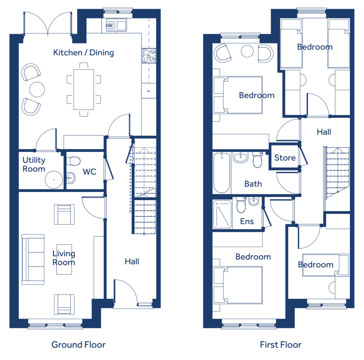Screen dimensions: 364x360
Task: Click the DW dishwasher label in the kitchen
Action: pyautogui.click(x=109, y=26)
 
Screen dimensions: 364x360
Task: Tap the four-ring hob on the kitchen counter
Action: pyautogui.click(x=149, y=56)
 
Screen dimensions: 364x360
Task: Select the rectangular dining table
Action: pyautogui.click(x=84, y=89)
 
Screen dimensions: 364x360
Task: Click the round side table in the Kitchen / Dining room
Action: pyautogui.click(x=37, y=89)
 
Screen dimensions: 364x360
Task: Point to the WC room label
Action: pyautogui.click(x=89, y=172)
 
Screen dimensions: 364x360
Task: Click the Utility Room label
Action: pyautogui.click(x=34, y=164)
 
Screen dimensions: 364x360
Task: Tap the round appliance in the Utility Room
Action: pyautogui.click(x=54, y=180)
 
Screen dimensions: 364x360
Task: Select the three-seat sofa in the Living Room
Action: pyautogui.click(x=33, y=260)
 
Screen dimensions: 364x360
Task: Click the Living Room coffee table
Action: pyautogui.click(x=64, y=260)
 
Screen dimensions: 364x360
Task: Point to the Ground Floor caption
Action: pyautogui.click(x=79, y=345)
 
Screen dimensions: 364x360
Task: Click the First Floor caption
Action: pyautogui.click(x=281, y=345)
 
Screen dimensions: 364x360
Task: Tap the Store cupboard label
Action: pyautogui.click(x=285, y=158)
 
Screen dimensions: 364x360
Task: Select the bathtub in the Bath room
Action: pyautogui.click(x=222, y=173)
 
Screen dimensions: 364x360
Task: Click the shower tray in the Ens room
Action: pyautogui.click(x=223, y=214)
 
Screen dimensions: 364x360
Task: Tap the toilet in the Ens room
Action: pyautogui.click(x=241, y=205)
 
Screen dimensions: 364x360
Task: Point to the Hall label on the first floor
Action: pyautogui.click(x=324, y=132)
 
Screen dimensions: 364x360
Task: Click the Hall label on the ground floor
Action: pyautogui.click(x=132, y=262)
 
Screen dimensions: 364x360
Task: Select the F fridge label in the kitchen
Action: pyautogui.click(x=149, y=91)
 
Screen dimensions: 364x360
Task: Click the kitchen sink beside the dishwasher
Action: pyautogui.click(x=122, y=25)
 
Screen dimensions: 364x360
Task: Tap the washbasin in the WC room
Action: pyautogui.click(x=71, y=178)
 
